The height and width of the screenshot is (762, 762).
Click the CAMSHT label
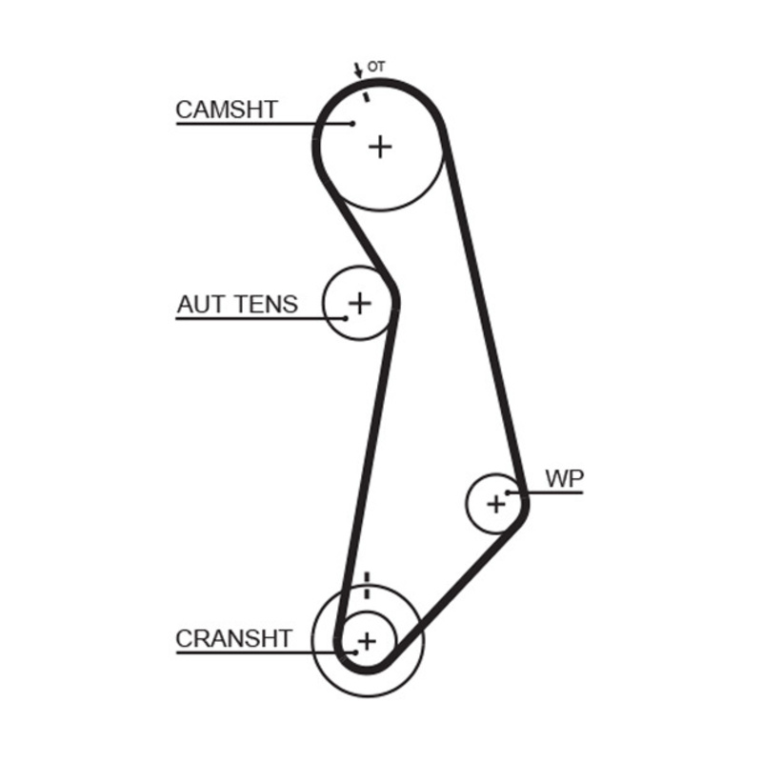coord(227,110)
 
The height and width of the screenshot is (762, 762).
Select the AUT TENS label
coord(237,305)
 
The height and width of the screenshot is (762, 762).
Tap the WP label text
coord(563,479)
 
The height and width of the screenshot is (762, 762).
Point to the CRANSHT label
coord(233,638)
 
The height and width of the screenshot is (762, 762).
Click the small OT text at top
coord(376,67)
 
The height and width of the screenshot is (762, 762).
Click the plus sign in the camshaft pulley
coord(380,147)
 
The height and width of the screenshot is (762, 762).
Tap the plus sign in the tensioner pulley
coord(359,303)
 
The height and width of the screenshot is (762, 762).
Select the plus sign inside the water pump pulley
coord(496,503)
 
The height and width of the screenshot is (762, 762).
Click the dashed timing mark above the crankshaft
coord(367,589)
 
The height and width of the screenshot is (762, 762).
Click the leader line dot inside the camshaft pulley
coord(352,123)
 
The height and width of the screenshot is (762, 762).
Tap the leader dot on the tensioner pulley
coord(346,317)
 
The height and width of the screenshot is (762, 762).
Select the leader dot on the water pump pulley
coord(509,492)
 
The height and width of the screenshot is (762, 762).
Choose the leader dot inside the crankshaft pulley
coord(354,652)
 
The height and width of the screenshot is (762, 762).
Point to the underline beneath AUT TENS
coord(257,318)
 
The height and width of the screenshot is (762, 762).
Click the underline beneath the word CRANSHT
coord(257,653)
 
